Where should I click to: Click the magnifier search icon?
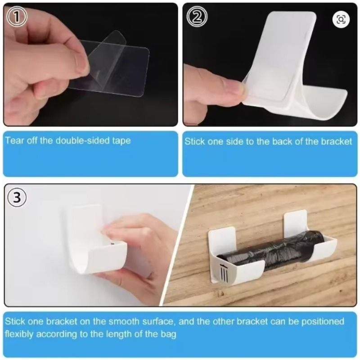coord(341,19)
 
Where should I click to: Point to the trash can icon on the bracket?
coord(223,273)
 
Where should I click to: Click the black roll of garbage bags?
coord(271,251)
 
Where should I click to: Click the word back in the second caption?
coord(282,141)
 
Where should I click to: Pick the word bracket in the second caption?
coord(336,141)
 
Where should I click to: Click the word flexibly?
coord(19,334)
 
